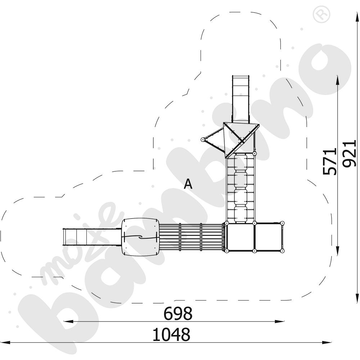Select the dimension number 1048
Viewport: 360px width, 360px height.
[171, 334]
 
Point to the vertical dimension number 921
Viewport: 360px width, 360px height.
[349, 154]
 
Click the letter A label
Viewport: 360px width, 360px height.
[188, 184]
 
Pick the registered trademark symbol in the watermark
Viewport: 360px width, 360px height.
[321, 14]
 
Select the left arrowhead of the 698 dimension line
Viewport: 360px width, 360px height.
[68, 321]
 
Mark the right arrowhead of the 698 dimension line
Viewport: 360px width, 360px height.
[279, 321]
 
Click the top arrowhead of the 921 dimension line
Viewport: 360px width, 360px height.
[357, 17]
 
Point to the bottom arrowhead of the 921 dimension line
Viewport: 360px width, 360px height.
[357, 298]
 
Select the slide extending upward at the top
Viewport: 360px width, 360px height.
[240, 99]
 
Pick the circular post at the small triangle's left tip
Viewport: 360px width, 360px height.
[203, 140]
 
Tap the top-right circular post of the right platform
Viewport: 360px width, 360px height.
[282, 223]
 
